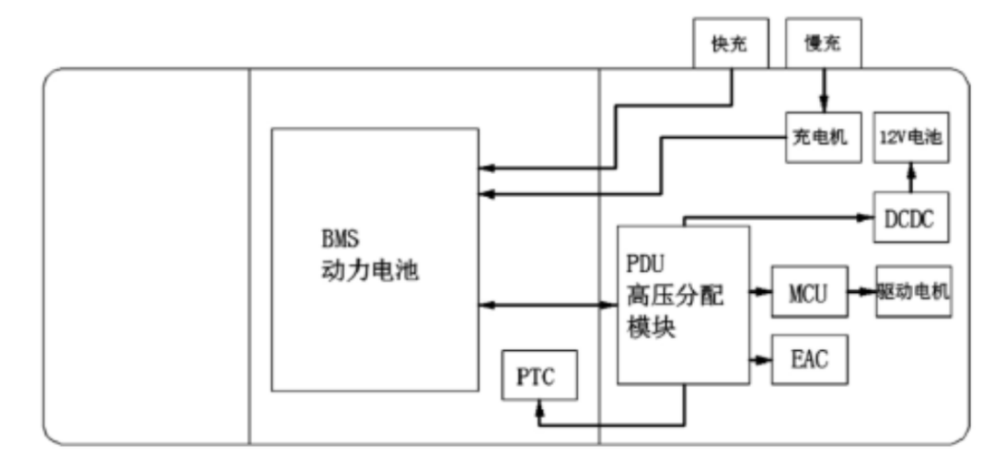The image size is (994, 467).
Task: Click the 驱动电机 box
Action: (x=913, y=292)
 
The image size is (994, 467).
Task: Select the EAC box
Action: (x=807, y=360)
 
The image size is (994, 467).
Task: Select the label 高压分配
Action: (x=668, y=297)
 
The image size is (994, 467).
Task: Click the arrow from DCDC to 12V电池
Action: (x=910, y=177)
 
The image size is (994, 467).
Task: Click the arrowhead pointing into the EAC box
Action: (x=766, y=360)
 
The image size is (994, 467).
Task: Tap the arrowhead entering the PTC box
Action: (x=541, y=407)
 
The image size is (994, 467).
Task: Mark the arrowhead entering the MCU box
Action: (x=765, y=292)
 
